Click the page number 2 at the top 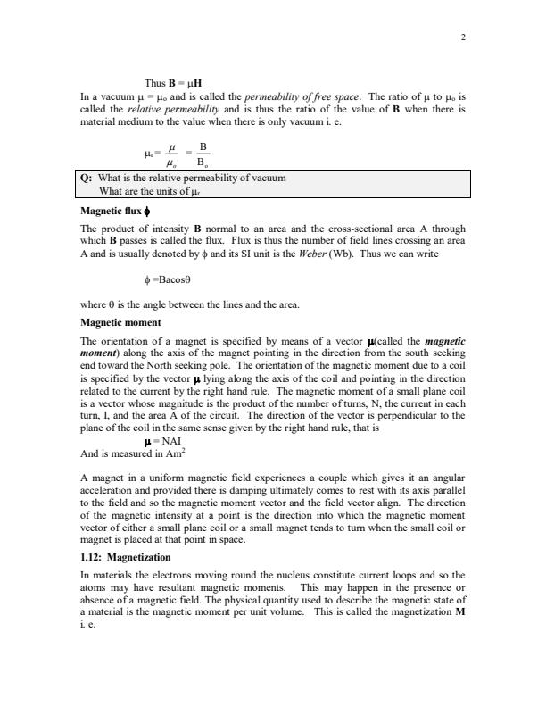(463, 37)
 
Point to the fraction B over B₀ (203, 153)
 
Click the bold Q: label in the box (87, 179)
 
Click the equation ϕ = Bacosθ (178, 283)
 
